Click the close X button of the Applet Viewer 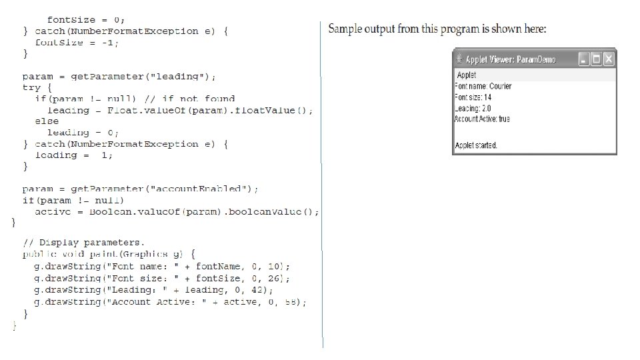[608, 59]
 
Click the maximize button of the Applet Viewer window [596, 59]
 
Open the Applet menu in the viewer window [467, 75]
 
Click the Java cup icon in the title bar [459, 59]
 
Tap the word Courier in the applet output [500, 86]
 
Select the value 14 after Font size [488, 97]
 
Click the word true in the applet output [504, 119]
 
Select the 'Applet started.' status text [475, 145]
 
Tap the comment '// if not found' [189, 99]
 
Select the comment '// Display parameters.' [83, 242]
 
